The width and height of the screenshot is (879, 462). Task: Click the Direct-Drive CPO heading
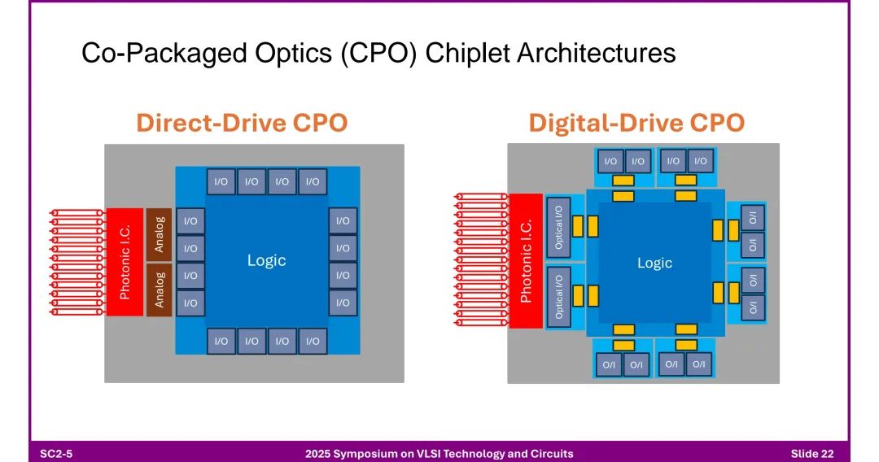coord(242,123)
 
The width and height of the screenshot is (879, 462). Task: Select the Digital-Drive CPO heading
coord(636,123)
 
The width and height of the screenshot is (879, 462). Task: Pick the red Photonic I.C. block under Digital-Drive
coord(525,260)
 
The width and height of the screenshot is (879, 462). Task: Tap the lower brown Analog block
coord(159,289)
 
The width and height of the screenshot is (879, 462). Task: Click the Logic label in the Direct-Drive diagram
coord(266,260)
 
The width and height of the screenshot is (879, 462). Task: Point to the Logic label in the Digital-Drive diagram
coord(654,263)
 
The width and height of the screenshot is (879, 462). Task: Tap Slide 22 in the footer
coord(811,453)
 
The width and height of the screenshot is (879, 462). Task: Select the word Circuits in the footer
coord(550,453)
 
